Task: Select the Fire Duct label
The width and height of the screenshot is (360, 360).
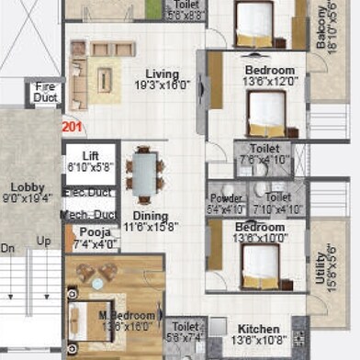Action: [x=45, y=93]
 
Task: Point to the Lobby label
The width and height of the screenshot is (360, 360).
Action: [x=27, y=188]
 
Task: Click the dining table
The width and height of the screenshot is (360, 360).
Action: [x=145, y=179]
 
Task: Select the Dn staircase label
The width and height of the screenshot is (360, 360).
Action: [x=8, y=247]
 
